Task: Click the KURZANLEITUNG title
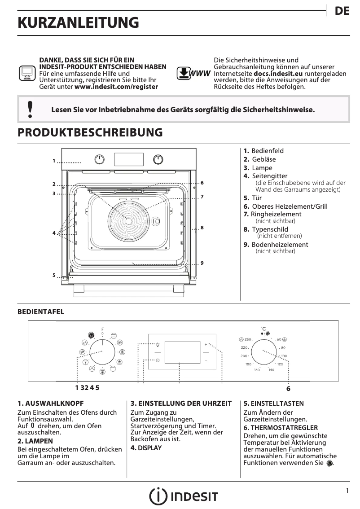tap(78, 22)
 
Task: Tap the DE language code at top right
tap(342, 12)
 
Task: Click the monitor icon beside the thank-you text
tap(27, 73)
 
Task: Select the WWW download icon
tap(193, 73)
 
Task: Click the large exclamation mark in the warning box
tap(30, 110)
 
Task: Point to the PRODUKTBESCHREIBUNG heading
tap(90, 132)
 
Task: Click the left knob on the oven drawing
tap(100, 159)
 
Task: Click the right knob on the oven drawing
tap(158, 159)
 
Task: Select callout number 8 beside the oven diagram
tap(202, 228)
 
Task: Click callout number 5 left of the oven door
tap(53, 275)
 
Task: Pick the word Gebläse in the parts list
tap(264, 159)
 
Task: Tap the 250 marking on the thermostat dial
tap(247, 339)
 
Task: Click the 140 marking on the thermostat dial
tap(271, 370)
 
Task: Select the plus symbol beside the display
tap(206, 344)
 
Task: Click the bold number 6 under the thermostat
tap(288, 389)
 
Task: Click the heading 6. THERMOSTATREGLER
tap(281, 428)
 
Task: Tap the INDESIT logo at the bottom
tap(184, 496)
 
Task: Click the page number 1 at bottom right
tap(347, 491)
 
